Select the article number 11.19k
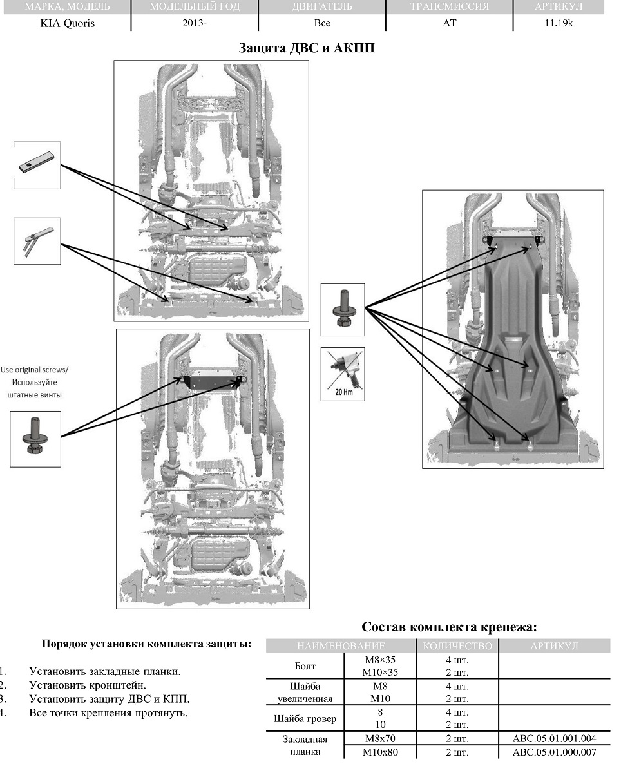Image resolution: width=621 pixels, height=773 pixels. (558, 23)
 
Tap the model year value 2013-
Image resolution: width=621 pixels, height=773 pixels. (194, 23)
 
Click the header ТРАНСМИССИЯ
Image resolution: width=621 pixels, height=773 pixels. (449, 7)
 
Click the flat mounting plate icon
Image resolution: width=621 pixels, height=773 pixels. (37, 166)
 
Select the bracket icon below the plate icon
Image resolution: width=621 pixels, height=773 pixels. (37, 241)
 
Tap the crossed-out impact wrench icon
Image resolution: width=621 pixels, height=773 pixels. (343, 374)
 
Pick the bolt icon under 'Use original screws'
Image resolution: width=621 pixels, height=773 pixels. (35, 439)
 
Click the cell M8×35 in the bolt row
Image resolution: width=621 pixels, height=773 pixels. (381, 660)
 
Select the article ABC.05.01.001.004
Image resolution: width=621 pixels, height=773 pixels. (554, 740)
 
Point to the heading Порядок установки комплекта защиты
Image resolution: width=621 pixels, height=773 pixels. (146, 644)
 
